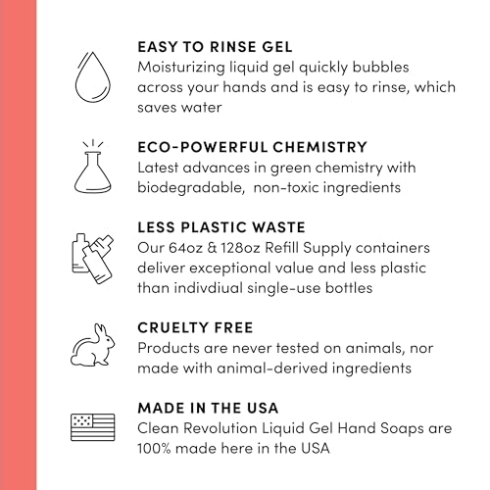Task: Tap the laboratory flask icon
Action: click(93, 167)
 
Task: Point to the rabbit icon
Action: click(93, 345)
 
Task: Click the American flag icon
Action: click(93, 427)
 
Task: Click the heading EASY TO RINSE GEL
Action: click(215, 47)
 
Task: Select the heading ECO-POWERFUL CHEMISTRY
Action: click(252, 147)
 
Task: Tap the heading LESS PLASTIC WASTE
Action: click(221, 227)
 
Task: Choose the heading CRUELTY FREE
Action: click(195, 327)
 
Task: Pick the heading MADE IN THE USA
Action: click(208, 408)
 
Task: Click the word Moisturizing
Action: click(181, 68)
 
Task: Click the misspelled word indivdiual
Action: click(208, 288)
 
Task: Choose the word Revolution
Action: click(220, 428)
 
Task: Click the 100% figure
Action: click(154, 449)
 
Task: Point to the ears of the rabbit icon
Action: click(99, 329)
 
